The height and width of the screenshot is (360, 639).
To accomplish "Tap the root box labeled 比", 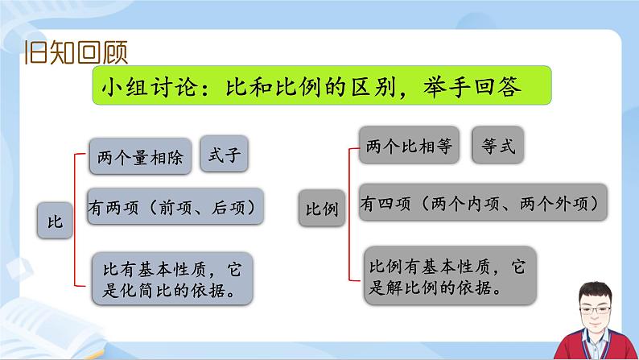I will click(55, 219).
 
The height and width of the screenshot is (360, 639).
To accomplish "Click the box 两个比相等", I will click(407, 147).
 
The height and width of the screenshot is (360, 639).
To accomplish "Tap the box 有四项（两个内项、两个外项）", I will click(482, 204).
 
